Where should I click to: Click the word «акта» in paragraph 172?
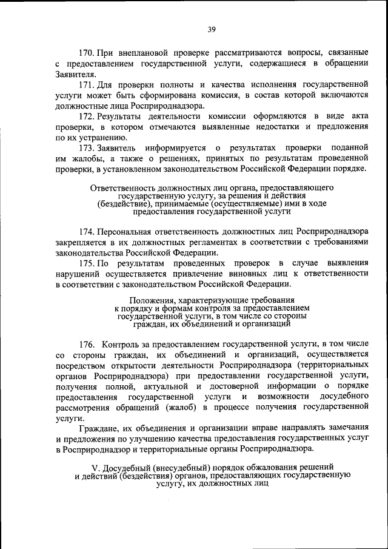point(358,116)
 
